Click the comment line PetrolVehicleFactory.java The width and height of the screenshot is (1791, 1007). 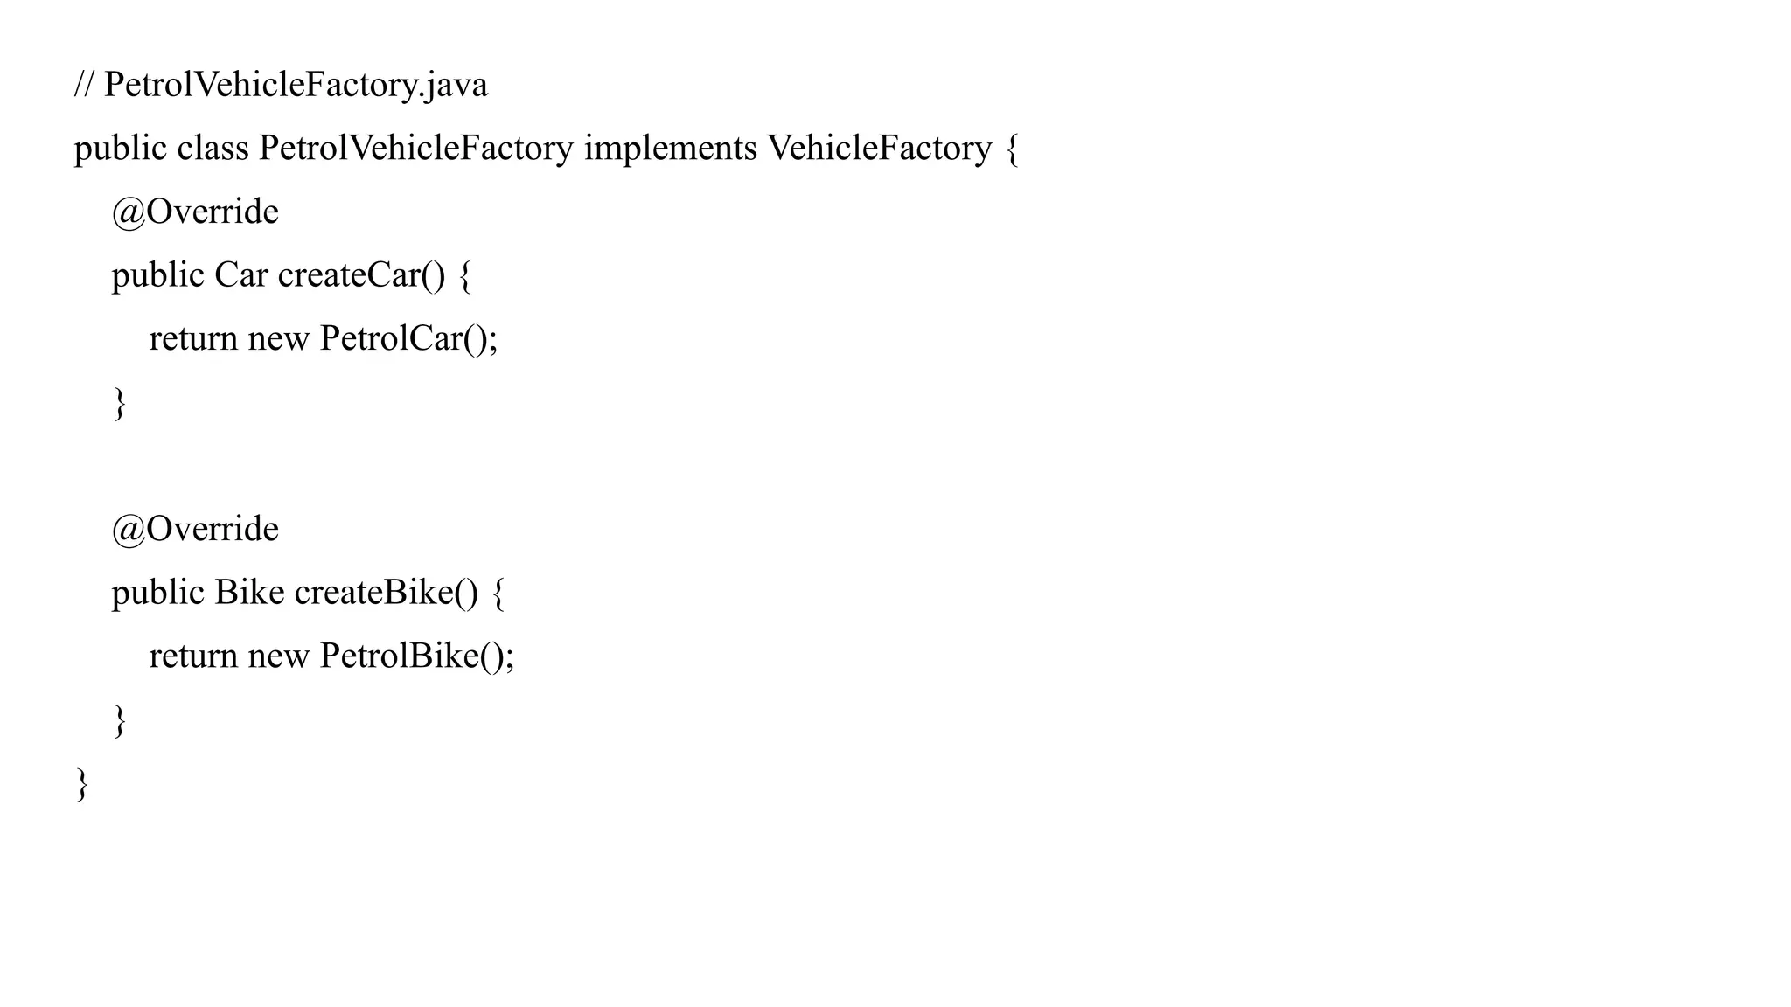pyautogui.click(x=281, y=85)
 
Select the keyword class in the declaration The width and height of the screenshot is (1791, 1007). pyautogui.click(x=213, y=148)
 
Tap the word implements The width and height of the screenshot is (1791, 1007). pyautogui.click(x=670, y=148)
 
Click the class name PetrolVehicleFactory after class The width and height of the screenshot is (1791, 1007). pyautogui.click(x=416, y=148)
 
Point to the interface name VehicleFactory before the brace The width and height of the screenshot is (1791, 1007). pyautogui.click(x=880, y=148)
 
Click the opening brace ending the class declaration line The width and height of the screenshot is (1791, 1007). pyautogui.click(x=1012, y=149)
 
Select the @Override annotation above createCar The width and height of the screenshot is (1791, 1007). pyautogui.click(x=195, y=212)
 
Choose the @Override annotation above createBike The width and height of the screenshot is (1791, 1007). pyautogui.click(x=195, y=529)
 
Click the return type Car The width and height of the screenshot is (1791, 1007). pyautogui.click(x=240, y=275)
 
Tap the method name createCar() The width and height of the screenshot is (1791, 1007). pyautogui.click(x=361, y=275)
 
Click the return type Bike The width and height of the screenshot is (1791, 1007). pyautogui.click(x=249, y=593)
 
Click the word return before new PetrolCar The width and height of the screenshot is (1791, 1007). pyautogui.click(x=193, y=339)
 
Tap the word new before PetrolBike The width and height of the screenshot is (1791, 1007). pyautogui.click(x=278, y=656)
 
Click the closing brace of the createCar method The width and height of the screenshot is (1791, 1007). pyautogui.click(x=120, y=404)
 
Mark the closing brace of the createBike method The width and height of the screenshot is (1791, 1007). pyautogui.click(x=120, y=721)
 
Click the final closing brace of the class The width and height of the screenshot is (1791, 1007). pyautogui.click(x=82, y=785)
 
